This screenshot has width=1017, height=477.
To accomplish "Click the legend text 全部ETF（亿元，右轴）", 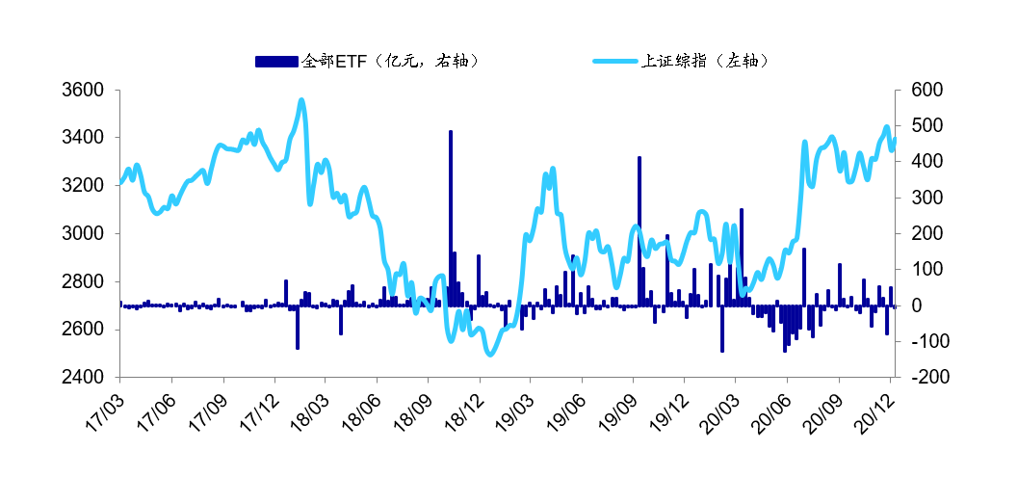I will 390,61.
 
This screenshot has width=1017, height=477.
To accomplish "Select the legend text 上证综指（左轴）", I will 707,61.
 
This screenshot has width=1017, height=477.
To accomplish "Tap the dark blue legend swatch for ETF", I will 277,61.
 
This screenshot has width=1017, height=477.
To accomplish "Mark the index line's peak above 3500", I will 301,100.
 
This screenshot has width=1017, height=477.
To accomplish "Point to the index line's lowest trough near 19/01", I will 490,354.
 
